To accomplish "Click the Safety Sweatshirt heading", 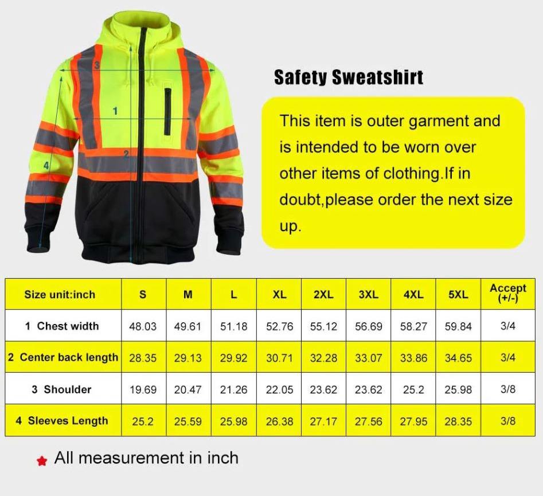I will [x=349, y=77].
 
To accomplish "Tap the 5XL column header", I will [x=458, y=294].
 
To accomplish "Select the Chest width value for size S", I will [x=143, y=326].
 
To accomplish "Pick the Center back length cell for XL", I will [x=279, y=358].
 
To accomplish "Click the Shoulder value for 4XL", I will [x=413, y=389].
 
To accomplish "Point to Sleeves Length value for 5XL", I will [x=458, y=421].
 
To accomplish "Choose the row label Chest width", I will [x=62, y=326].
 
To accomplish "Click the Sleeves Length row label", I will [x=62, y=421].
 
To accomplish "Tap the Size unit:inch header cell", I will [x=60, y=295].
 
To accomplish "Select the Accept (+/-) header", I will [x=507, y=293].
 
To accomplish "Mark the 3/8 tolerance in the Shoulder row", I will [x=507, y=389].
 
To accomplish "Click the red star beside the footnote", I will [x=41, y=460].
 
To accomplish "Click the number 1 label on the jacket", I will [x=115, y=111].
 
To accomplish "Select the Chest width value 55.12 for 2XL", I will [x=323, y=326].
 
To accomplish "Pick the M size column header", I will [x=188, y=295].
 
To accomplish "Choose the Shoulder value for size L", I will [x=233, y=389].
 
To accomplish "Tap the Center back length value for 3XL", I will [x=368, y=358].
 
